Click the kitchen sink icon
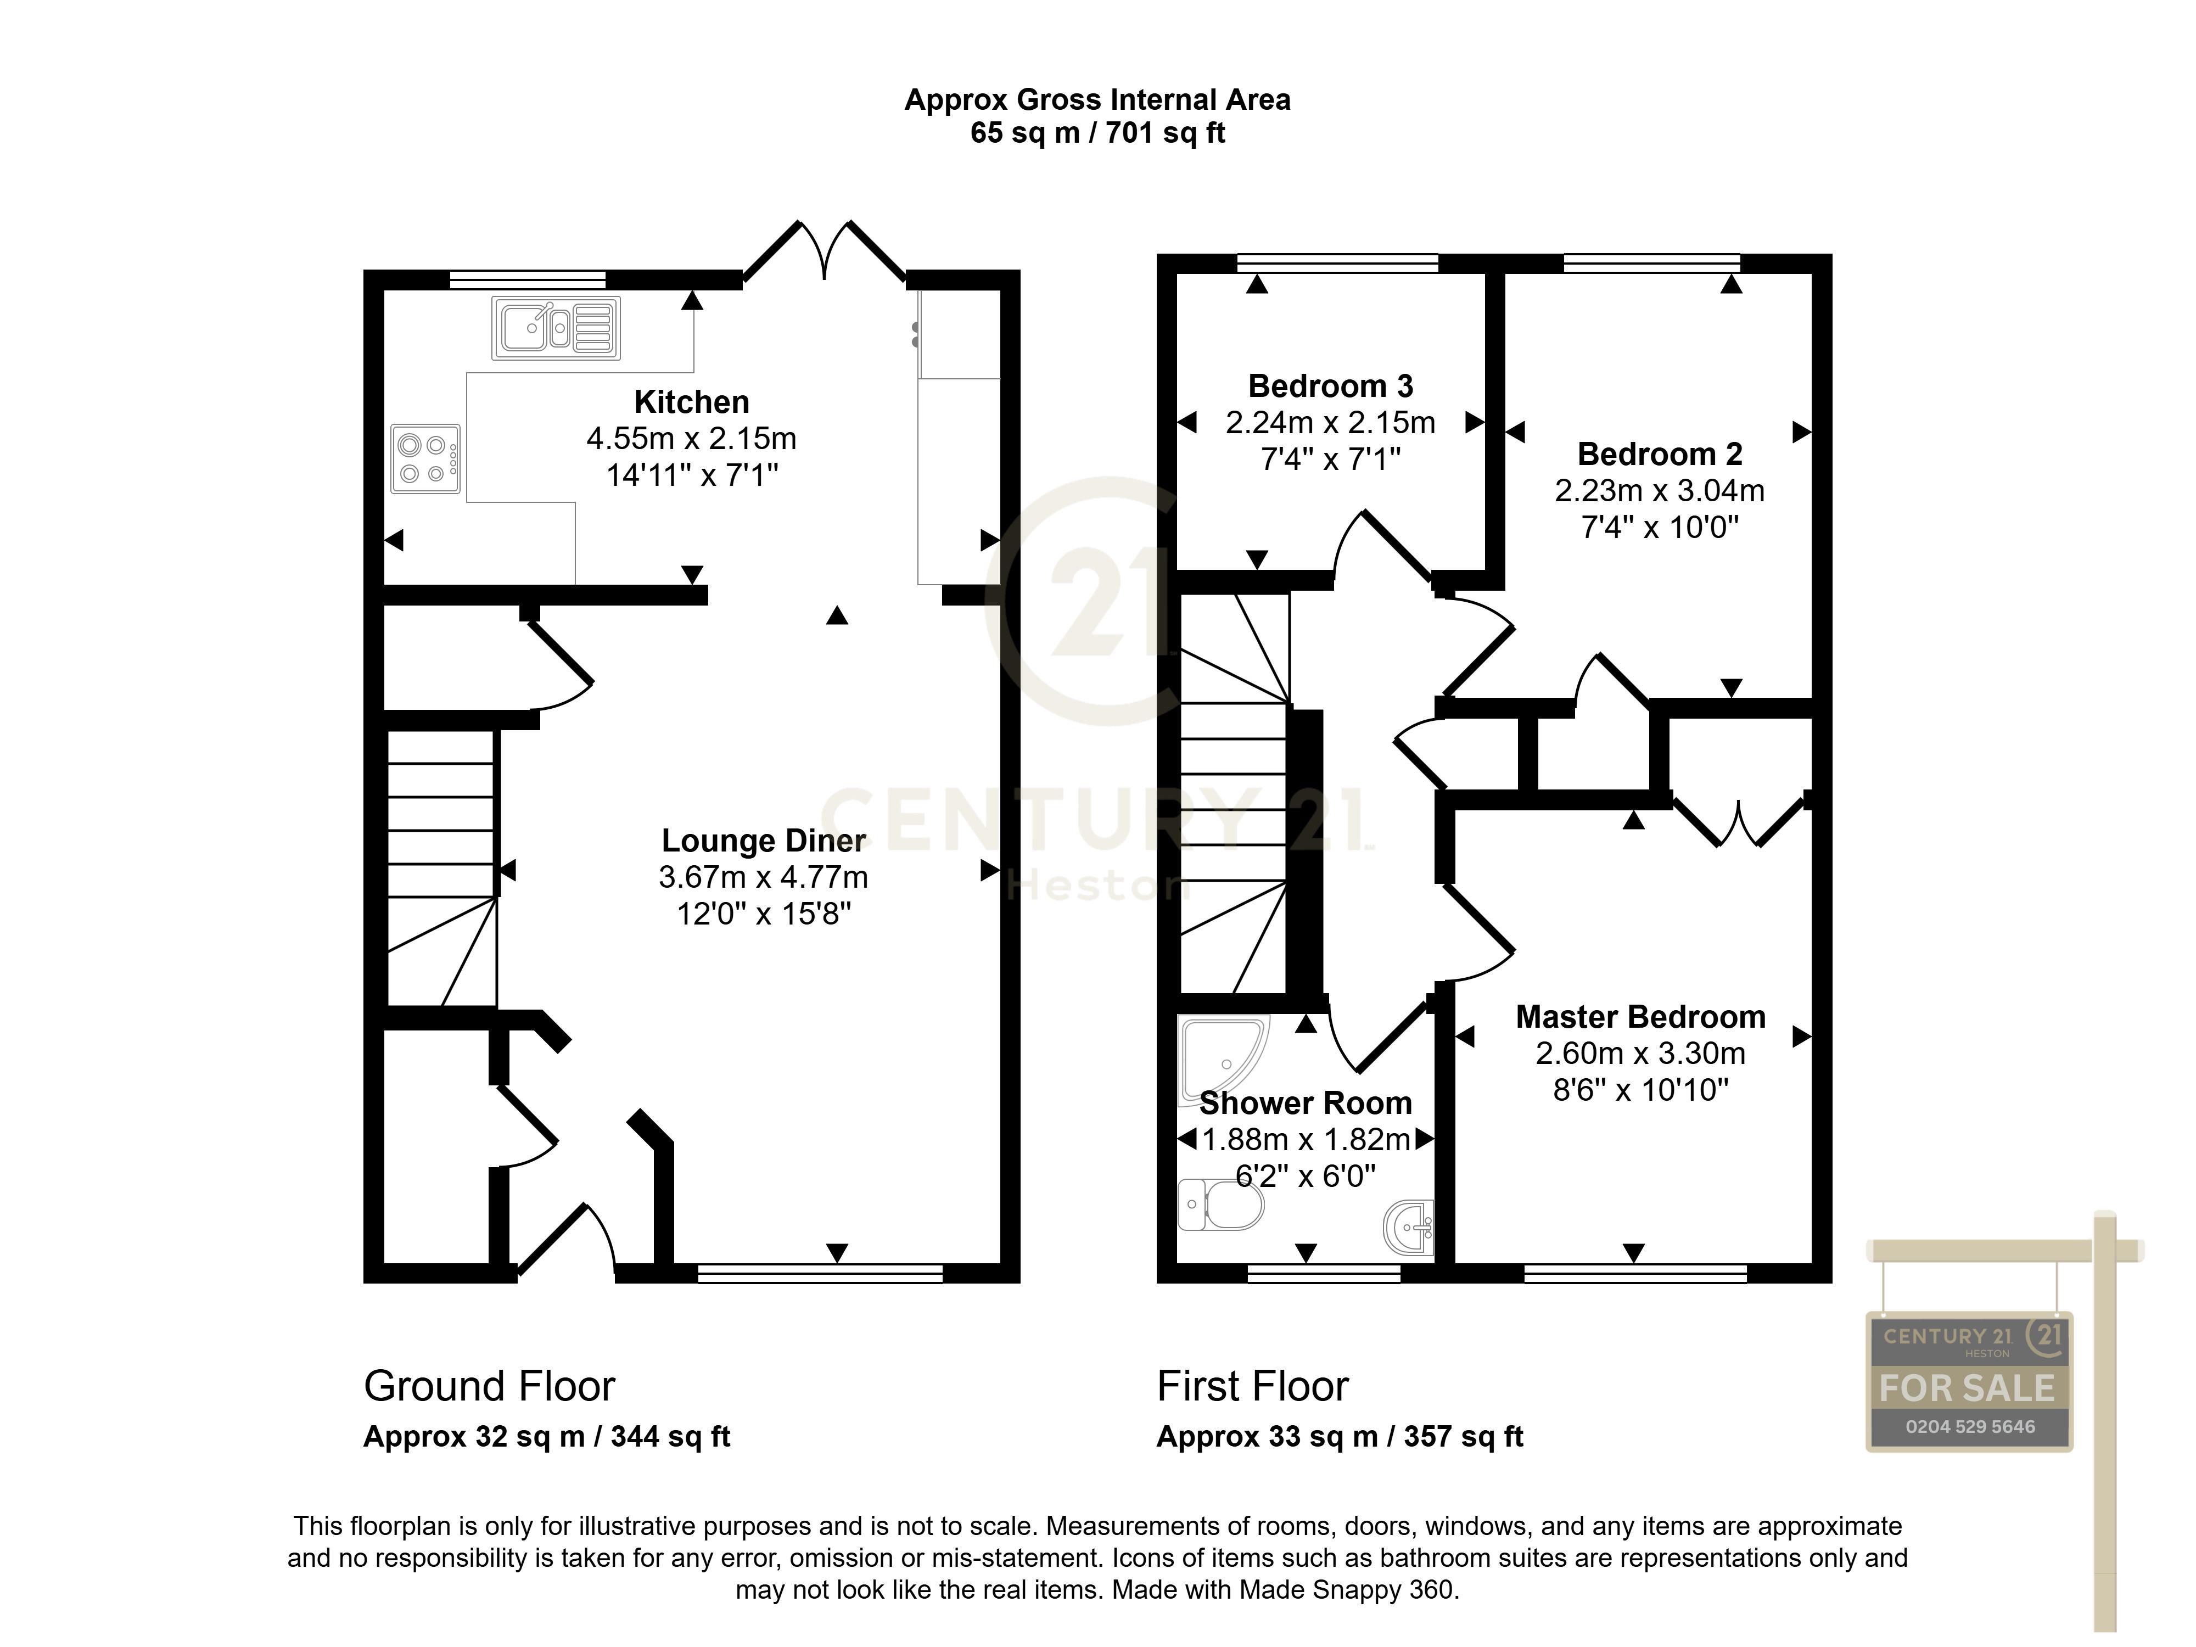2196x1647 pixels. (556, 328)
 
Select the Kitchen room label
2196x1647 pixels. (691, 402)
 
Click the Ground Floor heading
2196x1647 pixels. (490, 1386)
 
